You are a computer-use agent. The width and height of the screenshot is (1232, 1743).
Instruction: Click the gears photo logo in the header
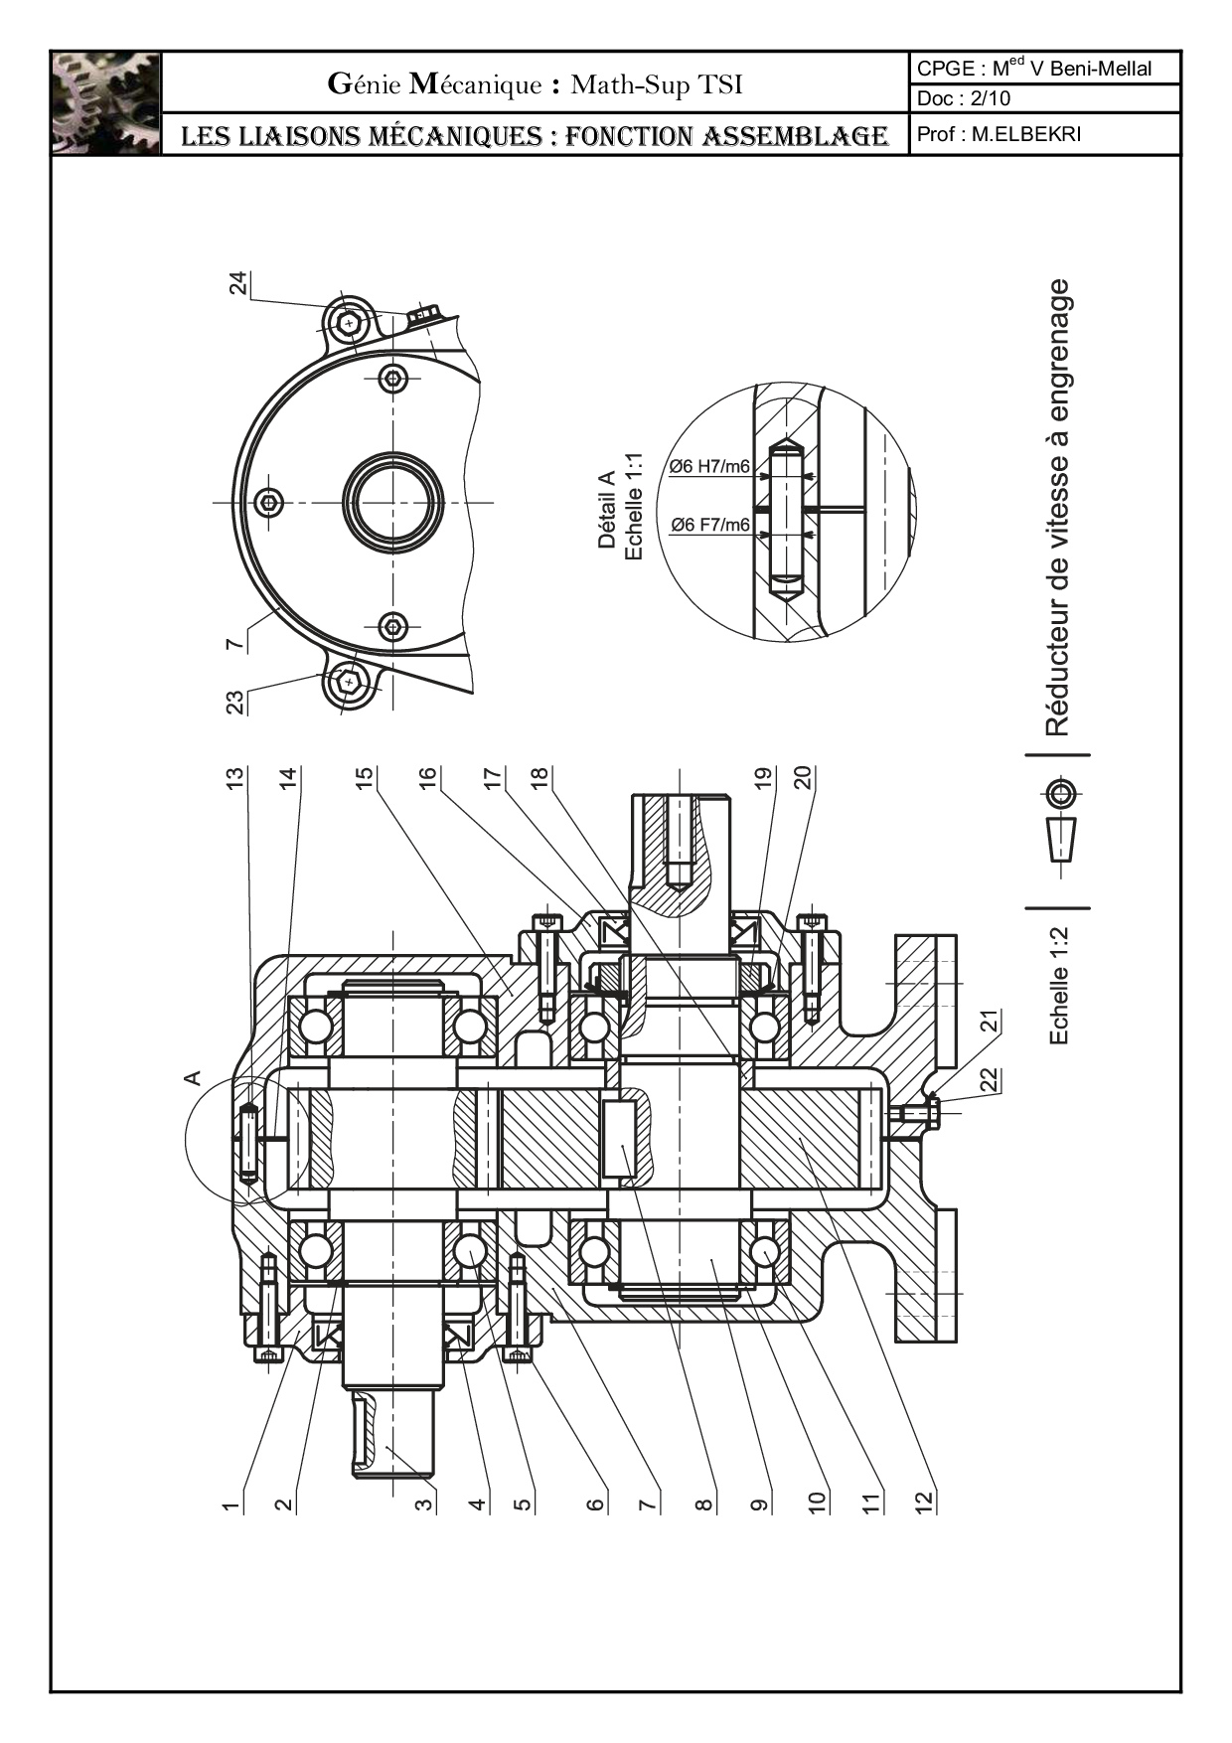point(105,103)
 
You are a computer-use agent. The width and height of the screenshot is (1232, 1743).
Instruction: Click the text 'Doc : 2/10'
point(964,98)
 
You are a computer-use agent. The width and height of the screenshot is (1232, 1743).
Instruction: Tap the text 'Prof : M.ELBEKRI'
point(999,134)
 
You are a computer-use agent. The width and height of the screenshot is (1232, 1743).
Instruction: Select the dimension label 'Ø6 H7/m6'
point(709,466)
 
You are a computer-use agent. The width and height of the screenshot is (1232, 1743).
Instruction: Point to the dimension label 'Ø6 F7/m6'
point(709,525)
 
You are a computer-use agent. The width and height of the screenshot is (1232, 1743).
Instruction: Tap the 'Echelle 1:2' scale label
point(1059,986)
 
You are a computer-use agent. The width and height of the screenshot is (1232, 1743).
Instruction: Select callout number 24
point(238,283)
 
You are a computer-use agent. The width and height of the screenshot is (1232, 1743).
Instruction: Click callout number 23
point(235,703)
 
